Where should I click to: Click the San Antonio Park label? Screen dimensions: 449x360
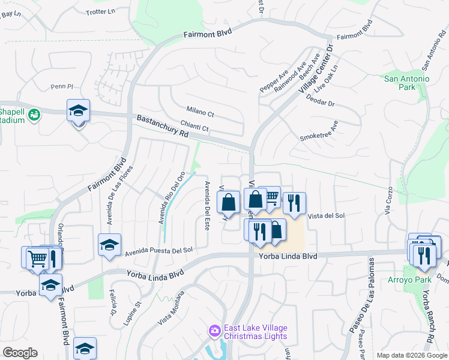point(407,83)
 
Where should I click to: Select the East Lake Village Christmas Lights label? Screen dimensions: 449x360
point(255,332)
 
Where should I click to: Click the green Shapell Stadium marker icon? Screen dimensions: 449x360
point(34,114)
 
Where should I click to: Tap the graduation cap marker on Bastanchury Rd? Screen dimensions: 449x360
point(78,111)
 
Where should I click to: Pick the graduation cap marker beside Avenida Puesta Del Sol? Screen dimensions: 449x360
point(110,245)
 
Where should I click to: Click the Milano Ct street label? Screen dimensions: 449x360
point(200,113)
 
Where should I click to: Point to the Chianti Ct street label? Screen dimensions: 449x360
point(197,128)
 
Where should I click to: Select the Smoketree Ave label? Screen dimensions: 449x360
point(319,131)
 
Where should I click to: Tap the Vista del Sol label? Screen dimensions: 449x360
point(326,215)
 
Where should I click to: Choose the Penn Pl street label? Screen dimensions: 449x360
point(61,86)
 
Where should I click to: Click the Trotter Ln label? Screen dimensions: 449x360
point(100,11)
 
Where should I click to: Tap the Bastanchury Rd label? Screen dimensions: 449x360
point(162,127)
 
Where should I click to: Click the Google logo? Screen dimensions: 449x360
point(20,353)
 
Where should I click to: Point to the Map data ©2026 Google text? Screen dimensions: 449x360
point(412,355)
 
